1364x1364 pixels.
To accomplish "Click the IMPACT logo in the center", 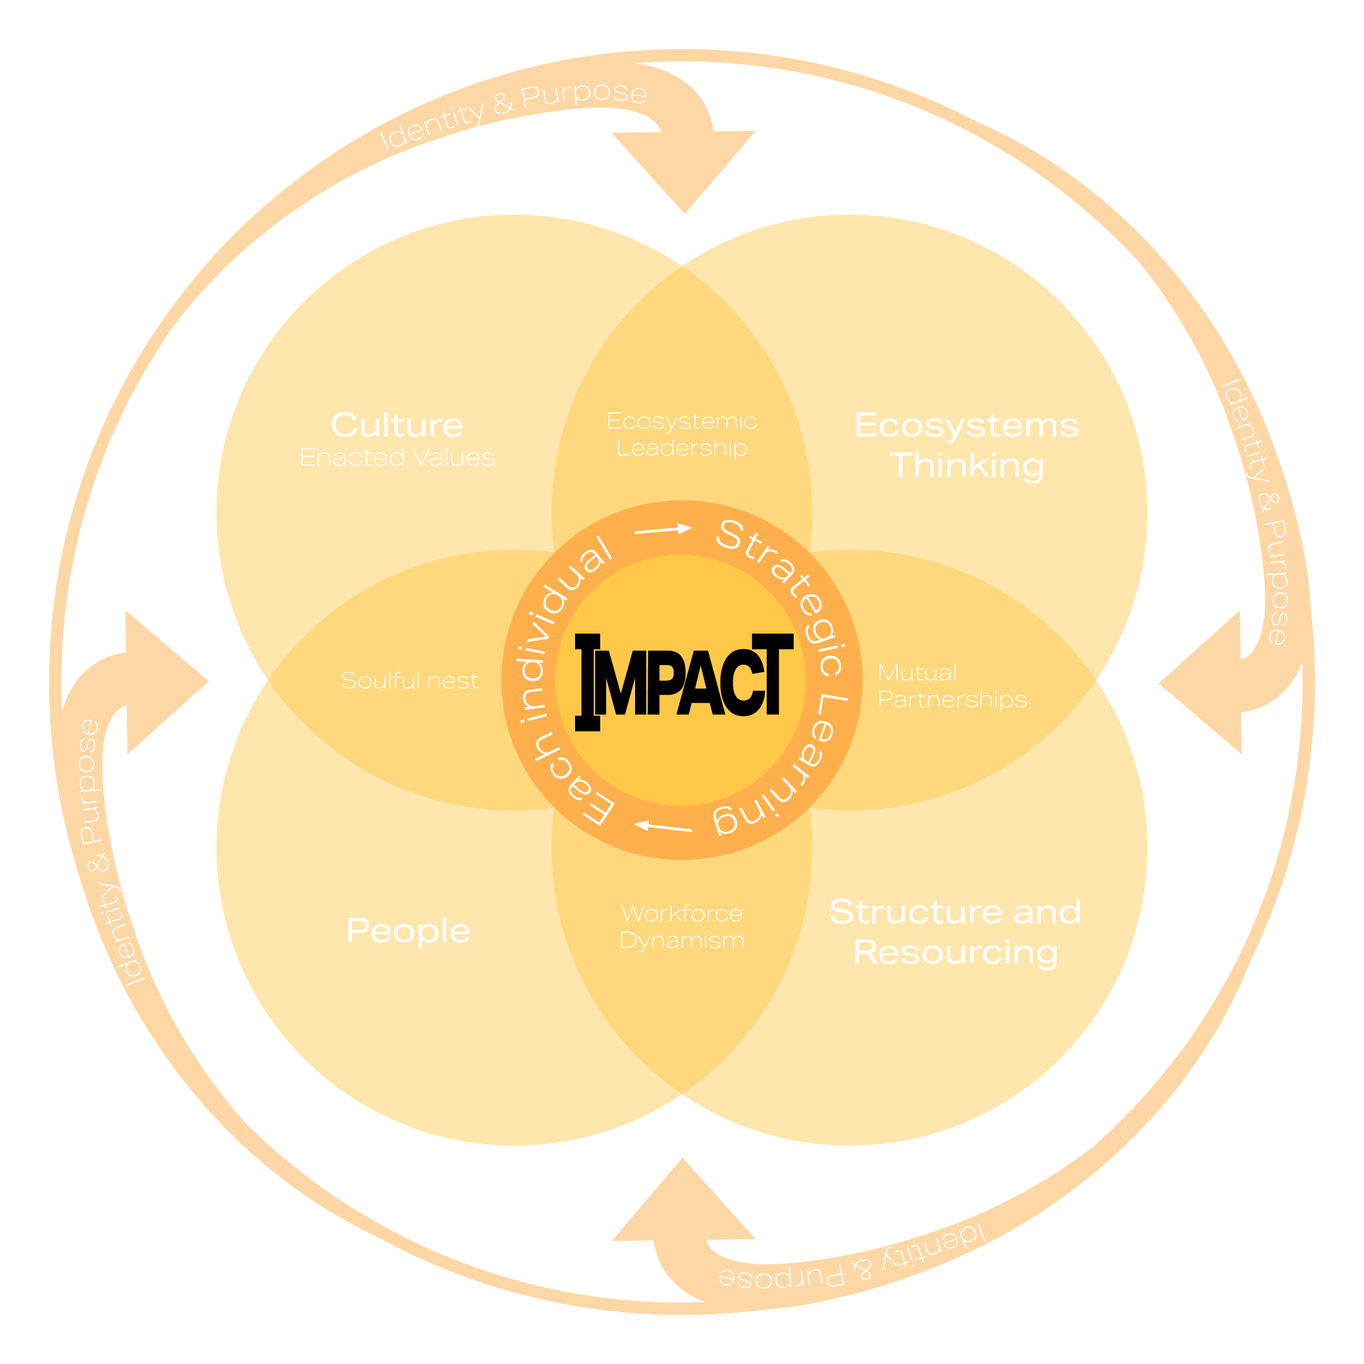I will (684, 682).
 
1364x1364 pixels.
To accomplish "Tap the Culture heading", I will (397, 425).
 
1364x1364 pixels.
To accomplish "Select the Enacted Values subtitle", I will (397, 458).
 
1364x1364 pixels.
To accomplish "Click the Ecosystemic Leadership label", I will (681, 434).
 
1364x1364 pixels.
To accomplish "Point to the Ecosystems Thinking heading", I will (966, 445).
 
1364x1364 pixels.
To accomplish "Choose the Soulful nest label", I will (410, 680).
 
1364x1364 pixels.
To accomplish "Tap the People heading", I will (408, 930).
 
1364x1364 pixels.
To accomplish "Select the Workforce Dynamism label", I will (681, 927).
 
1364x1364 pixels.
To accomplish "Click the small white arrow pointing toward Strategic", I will (663, 529).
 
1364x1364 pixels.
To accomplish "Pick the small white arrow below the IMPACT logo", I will (662, 827).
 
